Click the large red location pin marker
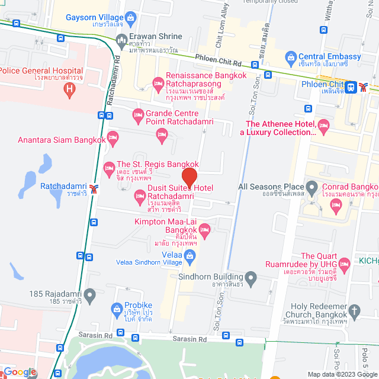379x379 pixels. coord(189,177)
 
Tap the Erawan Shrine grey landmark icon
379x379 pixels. coord(122,41)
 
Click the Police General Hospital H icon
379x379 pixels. coord(70,91)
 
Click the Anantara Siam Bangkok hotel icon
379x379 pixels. coord(113,139)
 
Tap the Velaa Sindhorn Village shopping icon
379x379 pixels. coord(190,256)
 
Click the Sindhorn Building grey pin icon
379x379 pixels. coord(251,277)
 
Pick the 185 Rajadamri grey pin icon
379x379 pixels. coord(89,294)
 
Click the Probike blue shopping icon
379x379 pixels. coord(117,309)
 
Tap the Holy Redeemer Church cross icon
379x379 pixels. coord(354,310)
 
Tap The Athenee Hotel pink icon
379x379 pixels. coord(323,124)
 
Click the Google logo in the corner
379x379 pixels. coord(20,372)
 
